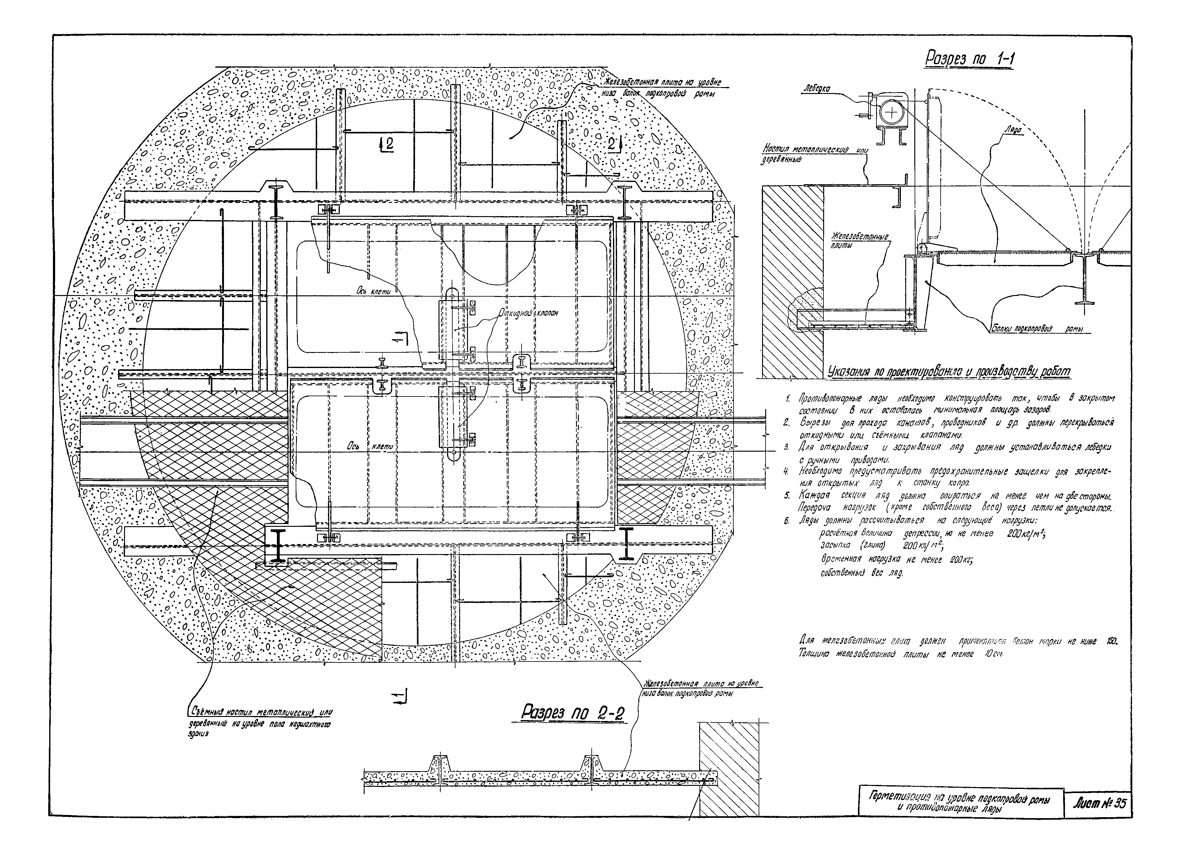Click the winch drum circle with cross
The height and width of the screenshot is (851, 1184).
892,112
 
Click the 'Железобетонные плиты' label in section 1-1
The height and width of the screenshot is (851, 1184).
859,241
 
